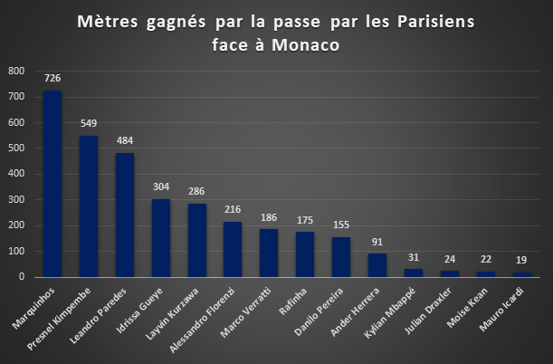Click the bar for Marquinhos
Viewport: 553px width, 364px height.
(x=52, y=184)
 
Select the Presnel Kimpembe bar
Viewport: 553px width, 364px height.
(x=89, y=206)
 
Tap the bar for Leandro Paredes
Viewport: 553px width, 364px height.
(x=125, y=215)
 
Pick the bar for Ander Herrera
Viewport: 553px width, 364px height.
(x=377, y=265)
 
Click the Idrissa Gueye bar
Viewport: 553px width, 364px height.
(x=161, y=238)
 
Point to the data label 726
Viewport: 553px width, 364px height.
(x=52, y=78)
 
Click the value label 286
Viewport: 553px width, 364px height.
(x=196, y=191)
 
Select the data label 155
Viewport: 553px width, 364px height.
(x=341, y=225)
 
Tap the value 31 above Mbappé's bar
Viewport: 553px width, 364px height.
(x=414, y=257)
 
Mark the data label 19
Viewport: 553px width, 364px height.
(x=521, y=260)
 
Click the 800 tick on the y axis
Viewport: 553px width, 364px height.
(x=16, y=71)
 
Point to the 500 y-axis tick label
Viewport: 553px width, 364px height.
(x=16, y=148)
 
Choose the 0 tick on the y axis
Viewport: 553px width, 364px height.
(x=22, y=277)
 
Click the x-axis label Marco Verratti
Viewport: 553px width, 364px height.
(x=246, y=312)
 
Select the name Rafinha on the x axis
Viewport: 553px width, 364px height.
(x=292, y=302)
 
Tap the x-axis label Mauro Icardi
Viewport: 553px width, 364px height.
(x=501, y=310)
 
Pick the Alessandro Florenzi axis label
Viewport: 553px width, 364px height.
(x=202, y=320)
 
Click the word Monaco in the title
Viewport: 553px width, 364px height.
(x=305, y=45)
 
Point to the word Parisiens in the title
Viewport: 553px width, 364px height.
(x=436, y=22)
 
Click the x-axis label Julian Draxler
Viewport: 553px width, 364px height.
(x=428, y=311)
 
